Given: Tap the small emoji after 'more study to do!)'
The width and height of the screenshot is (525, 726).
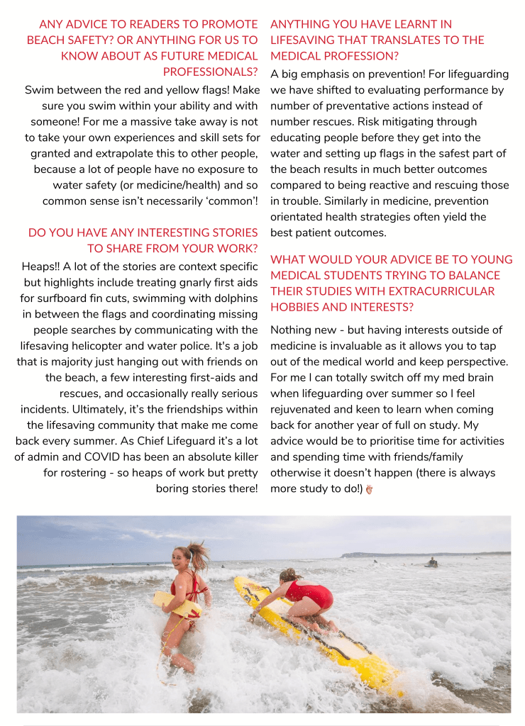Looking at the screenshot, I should click(369, 489).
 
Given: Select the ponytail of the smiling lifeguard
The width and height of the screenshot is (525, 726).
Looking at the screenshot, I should click(199, 553).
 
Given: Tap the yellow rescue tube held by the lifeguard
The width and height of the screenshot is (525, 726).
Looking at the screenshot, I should click(177, 603).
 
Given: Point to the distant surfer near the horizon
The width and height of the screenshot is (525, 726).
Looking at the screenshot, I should click(431, 563).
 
